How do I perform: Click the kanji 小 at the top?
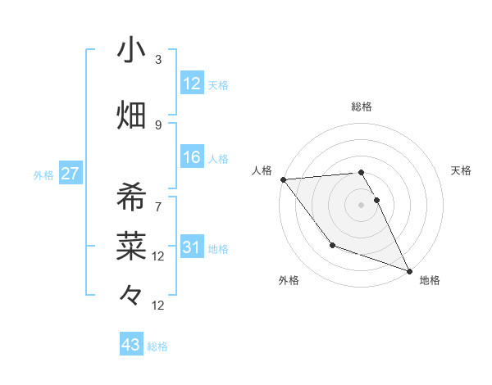pos(131,51)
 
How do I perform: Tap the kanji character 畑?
pos(131,114)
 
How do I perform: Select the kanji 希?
pos(131,197)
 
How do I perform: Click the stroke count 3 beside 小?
pos(158,60)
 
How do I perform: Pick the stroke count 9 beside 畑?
pos(158,125)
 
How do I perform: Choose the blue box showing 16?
pos(192,158)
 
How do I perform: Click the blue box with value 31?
pos(192,248)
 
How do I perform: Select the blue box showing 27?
pos(70,174)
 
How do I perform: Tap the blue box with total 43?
pos(130,345)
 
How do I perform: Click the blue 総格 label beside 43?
pos(157,346)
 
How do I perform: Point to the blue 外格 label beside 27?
pos(43,175)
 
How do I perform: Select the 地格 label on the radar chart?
pos(430,280)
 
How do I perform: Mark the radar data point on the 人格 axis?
pos(283,179)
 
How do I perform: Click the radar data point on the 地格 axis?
pos(409,271)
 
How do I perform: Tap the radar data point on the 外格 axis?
pos(332,245)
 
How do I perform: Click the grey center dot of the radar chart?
pos(361,204)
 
